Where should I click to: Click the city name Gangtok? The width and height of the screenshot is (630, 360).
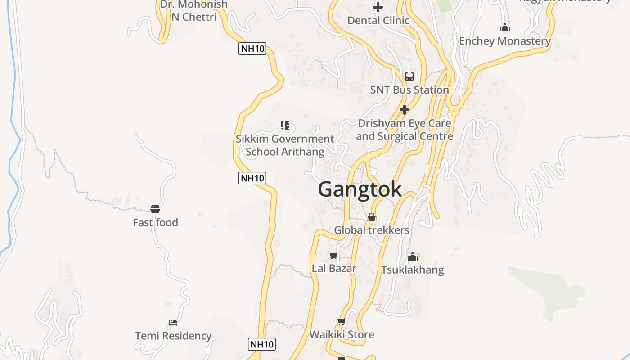360,189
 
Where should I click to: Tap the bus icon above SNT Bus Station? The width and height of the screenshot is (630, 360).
409,76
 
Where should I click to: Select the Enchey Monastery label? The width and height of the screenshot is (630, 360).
504,41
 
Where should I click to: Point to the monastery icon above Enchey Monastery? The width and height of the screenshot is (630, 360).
505,28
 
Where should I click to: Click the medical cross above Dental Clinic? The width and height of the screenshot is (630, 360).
378,7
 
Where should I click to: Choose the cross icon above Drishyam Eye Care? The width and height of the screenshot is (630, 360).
405,110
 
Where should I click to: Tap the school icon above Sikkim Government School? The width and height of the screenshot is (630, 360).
284,126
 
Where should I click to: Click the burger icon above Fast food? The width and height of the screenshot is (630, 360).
155,209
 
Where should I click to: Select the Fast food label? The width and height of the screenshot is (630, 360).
155,222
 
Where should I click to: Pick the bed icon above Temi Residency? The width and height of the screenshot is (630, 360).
173,323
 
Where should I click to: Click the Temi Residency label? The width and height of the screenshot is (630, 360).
173,336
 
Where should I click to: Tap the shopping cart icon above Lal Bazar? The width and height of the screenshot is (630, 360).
333,256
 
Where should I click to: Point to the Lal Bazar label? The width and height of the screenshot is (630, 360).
334,268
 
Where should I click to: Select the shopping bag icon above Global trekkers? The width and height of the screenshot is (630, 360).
372,217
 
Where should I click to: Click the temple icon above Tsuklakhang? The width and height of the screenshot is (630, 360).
412,256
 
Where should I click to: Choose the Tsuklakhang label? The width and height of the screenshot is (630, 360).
412,270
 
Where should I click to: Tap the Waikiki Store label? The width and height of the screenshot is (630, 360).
342,334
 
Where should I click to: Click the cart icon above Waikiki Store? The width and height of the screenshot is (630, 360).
341,321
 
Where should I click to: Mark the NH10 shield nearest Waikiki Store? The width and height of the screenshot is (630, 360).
262,345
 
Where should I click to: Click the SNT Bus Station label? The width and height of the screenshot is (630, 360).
409,90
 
